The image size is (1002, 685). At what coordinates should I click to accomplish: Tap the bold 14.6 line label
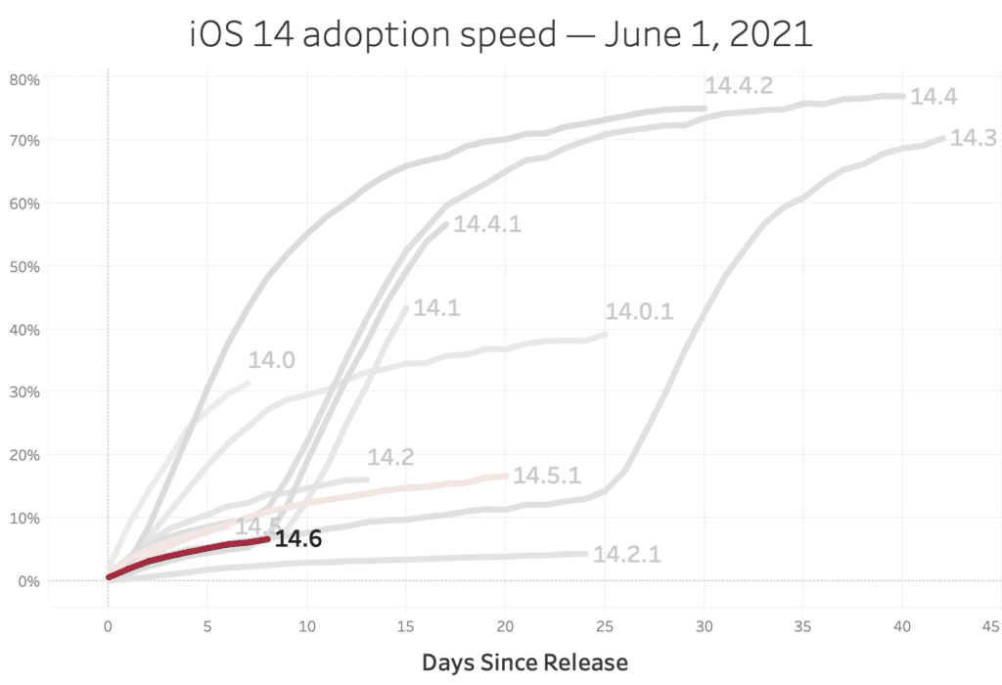[298, 538]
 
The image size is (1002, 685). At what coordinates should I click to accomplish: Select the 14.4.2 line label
[739, 86]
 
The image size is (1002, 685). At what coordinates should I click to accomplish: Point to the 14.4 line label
[934, 97]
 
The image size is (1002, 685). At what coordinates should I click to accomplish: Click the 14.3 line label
[973, 138]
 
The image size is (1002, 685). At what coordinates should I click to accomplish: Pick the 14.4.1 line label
[487, 224]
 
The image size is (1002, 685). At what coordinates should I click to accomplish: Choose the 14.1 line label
[436, 308]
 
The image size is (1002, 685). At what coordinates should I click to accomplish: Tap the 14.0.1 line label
[639, 312]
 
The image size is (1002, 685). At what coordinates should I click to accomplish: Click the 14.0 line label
[271, 361]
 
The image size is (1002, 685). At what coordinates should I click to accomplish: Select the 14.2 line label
[390, 457]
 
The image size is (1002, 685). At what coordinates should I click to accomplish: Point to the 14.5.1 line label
[547, 476]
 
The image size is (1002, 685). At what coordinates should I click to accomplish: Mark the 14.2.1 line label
[627, 554]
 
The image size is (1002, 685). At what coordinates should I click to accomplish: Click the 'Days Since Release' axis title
[524, 662]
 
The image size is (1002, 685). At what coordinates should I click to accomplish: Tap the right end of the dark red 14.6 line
[266, 539]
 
